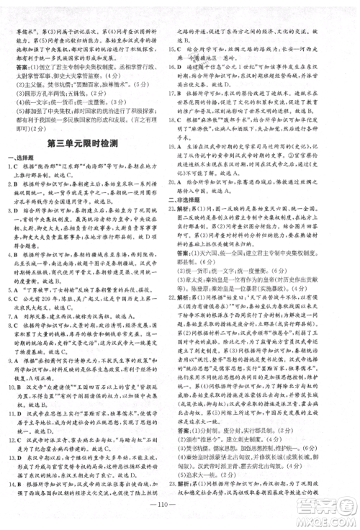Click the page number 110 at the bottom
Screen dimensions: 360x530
tap(179, 517)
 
